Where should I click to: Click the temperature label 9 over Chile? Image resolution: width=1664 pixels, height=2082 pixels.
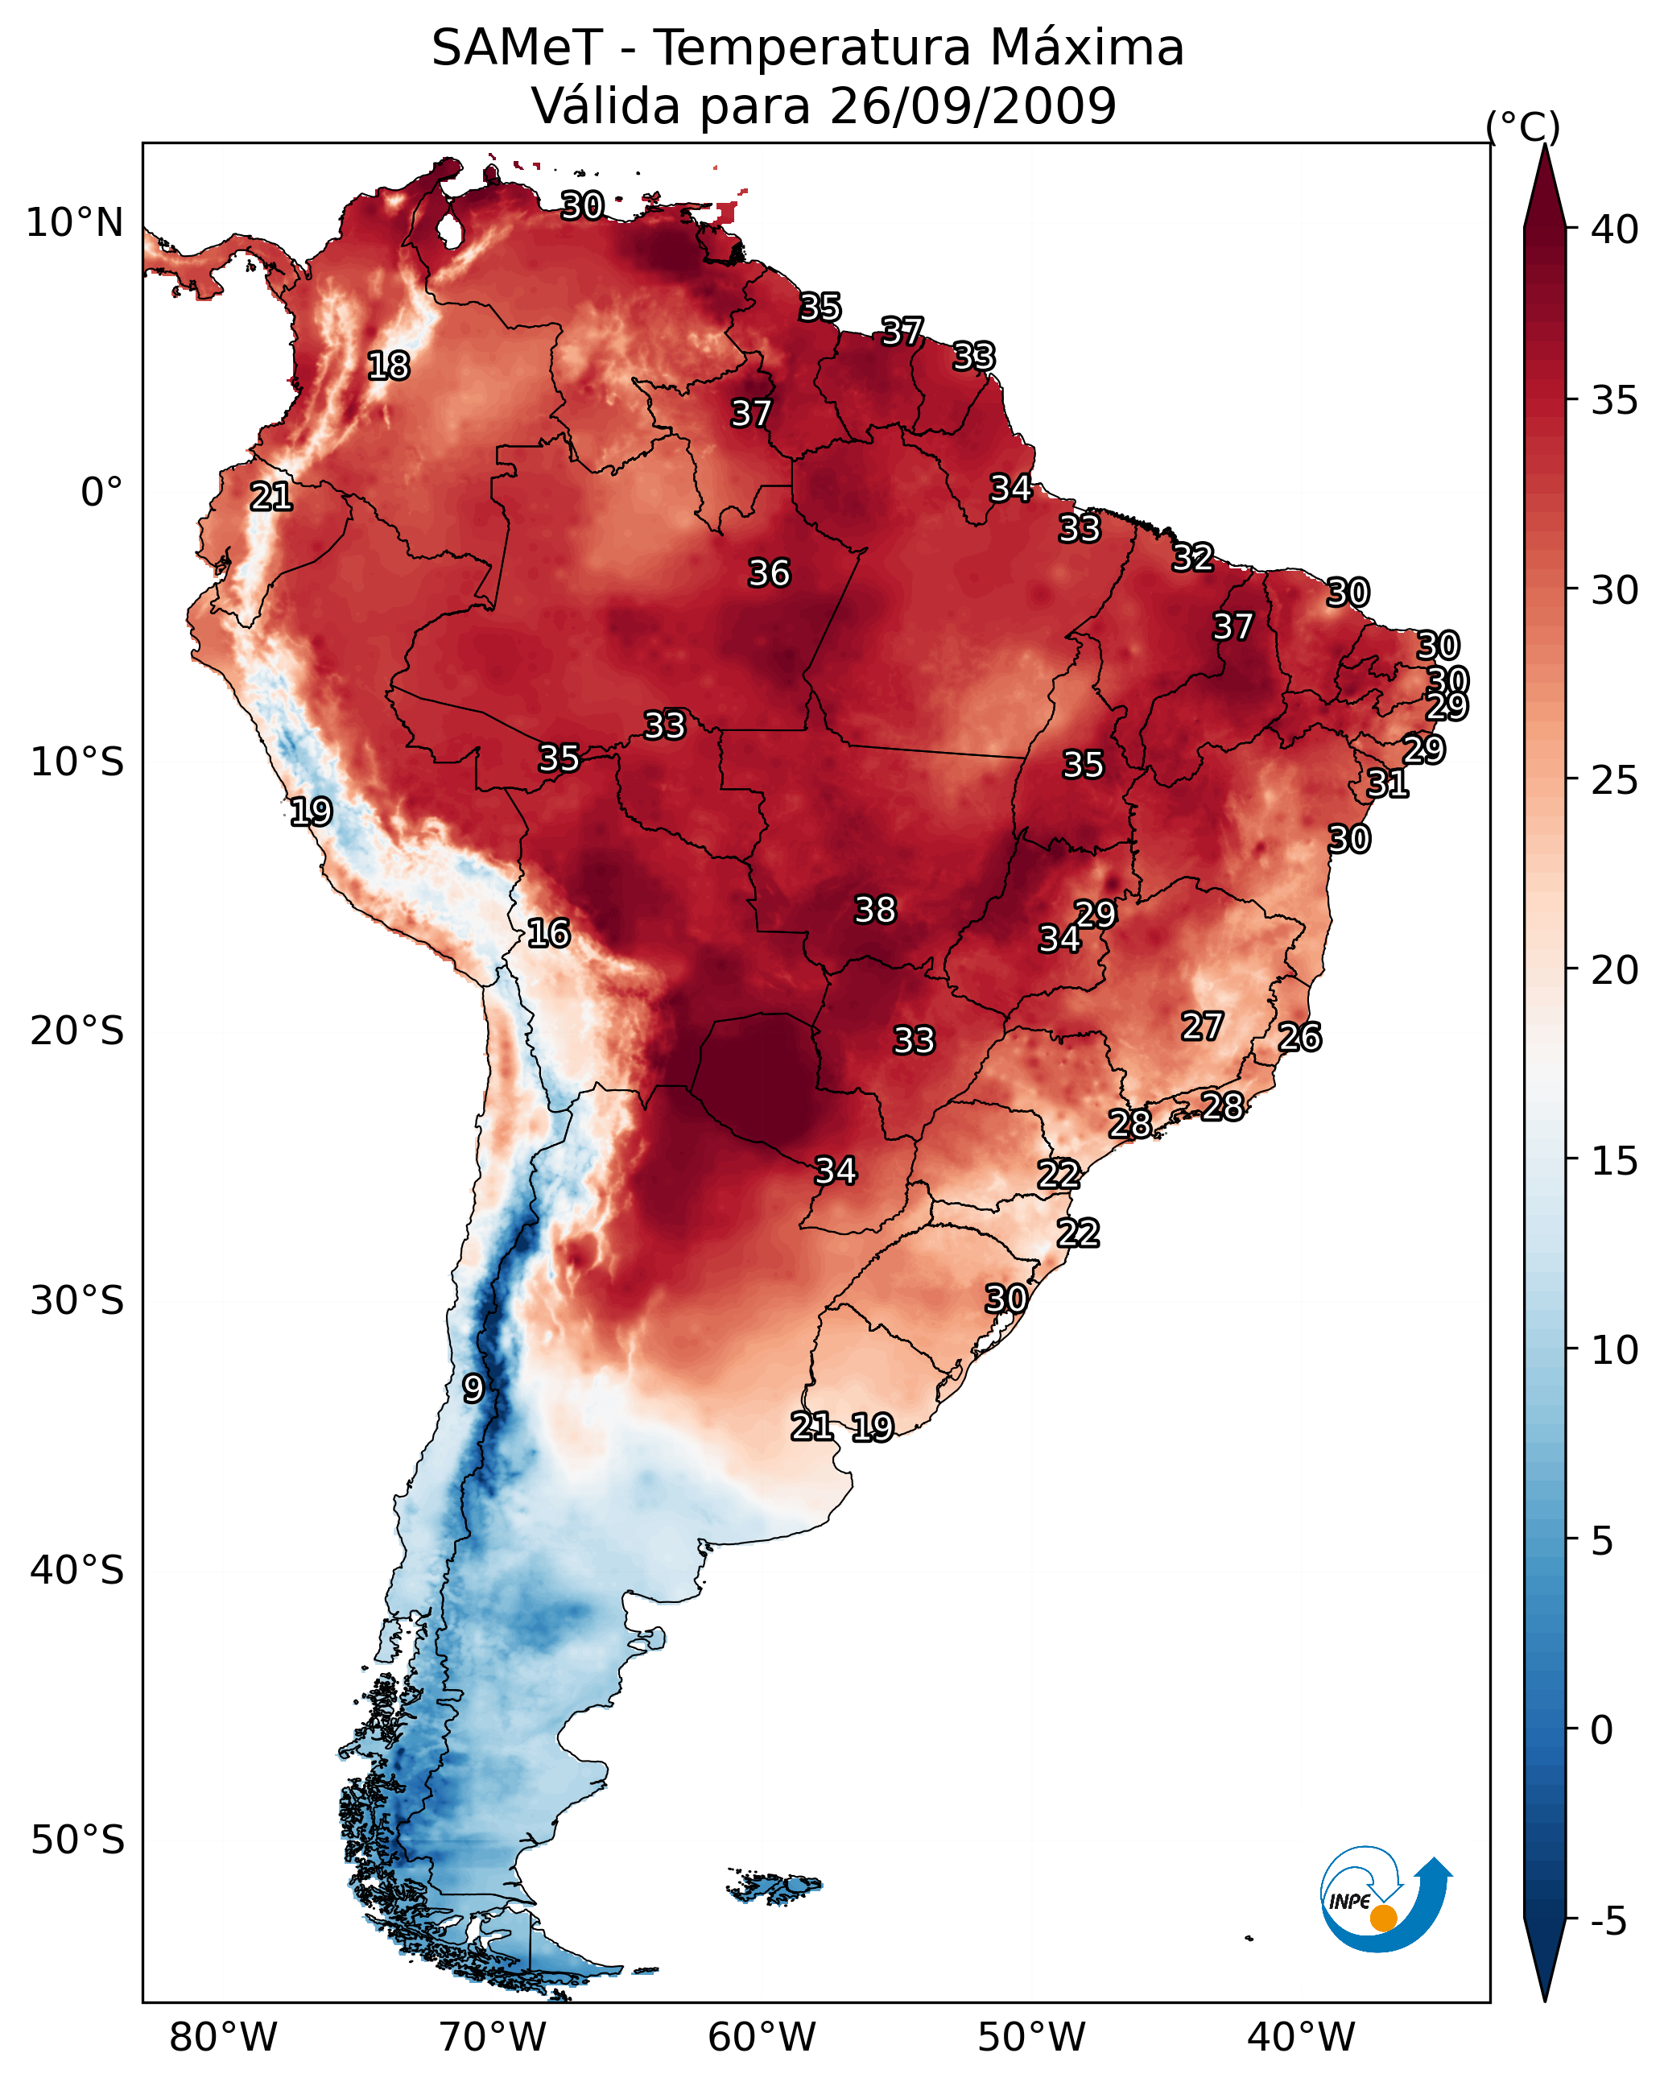pyautogui.click(x=473, y=1389)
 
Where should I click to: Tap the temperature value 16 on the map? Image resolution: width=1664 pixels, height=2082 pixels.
pyautogui.click(x=548, y=933)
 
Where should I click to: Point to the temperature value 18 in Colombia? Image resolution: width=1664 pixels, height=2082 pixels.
pyautogui.click(x=388, y=366)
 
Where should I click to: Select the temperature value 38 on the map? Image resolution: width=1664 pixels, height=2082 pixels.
pyautogui.click(x=875, y=910)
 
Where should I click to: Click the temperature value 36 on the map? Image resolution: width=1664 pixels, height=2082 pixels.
pyautogui.click(x=769, y=573)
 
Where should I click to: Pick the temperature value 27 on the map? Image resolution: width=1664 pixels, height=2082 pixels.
pyautogui.click(x=1203, y=1027)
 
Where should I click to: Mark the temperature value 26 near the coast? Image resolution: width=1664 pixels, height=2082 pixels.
pyautogui.click(x=1299, y=1037)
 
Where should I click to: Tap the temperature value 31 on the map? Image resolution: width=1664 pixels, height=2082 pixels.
pyautogui.click(x=1388, y=783)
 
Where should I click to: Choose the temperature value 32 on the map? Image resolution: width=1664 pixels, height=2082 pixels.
pyautogui.click(x=1193, y=557)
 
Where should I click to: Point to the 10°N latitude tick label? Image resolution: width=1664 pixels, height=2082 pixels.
pyautogui.click(x=74, y=223)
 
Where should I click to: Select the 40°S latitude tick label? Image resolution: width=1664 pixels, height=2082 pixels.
pyautogui.click(x=77, y=1570)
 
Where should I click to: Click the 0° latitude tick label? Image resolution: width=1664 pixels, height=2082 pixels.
pyautogui.click(x=101, y=493)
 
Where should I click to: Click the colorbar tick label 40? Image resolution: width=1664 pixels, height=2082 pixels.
pyautogui.click(x=1615, y=229)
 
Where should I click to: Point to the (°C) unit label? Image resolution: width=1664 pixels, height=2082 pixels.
pyautogui.click(x=1523, y=126)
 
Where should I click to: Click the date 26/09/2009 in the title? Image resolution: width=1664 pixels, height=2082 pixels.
pyautogui.click(x=972, y=105)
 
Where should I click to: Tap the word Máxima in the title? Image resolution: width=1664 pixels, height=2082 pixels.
pyautogui.click(x=1087, y=48)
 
